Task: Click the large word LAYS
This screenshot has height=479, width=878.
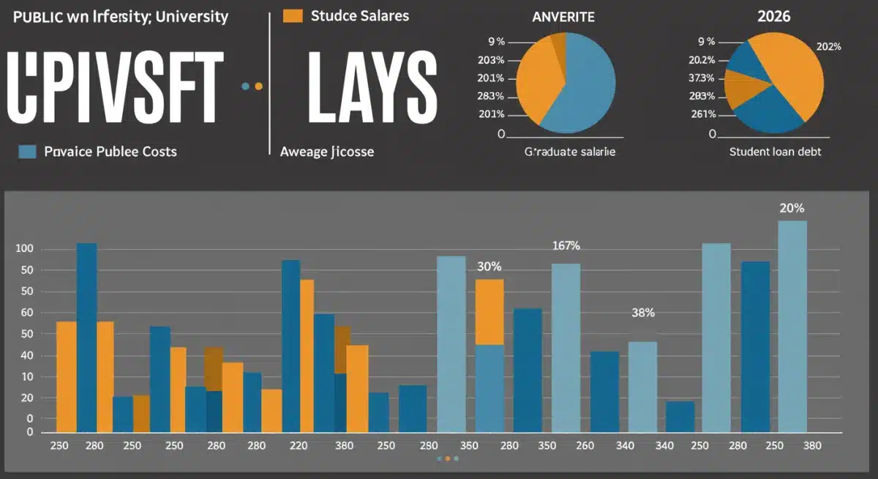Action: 372,87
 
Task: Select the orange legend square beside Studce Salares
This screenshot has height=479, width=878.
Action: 293,15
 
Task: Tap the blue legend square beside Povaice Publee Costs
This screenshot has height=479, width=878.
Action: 27,152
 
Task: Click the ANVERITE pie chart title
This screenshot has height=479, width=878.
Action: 563,16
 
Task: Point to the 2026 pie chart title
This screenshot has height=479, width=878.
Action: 773,16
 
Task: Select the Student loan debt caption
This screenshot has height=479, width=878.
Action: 775,152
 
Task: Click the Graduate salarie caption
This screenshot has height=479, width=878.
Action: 569,152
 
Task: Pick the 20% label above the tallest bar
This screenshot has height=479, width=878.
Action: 792,208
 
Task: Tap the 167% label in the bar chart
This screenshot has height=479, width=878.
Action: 566,245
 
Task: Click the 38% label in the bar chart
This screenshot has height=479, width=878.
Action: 642,313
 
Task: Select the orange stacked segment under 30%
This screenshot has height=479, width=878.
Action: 489,312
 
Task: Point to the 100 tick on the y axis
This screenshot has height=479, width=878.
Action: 25,250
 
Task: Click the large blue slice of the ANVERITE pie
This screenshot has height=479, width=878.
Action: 582,84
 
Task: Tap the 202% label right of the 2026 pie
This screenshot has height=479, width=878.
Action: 828,47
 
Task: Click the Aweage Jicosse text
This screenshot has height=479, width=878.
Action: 327,152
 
